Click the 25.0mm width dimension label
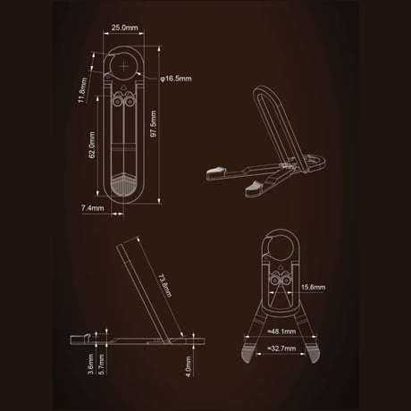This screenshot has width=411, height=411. click(x=124, y=28)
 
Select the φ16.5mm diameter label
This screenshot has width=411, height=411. click(x=176, y=79)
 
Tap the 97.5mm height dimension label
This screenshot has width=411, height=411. click(x=154, y=123)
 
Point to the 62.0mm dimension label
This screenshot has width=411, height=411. click(x=92, y=145)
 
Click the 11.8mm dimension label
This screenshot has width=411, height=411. click(x=82, y=90)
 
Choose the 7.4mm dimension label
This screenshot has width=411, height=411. click(x=93, y=208)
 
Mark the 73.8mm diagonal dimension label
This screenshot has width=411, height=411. click(x=164, y=286)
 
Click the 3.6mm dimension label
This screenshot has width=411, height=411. click(x=91, y=364)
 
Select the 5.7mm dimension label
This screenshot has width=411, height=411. click(x=102, y=364)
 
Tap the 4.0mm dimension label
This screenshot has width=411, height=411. click(x=189, y=366)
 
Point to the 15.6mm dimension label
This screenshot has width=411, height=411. click(x=313, y=287)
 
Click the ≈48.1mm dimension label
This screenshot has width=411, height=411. click(x=281, y=331)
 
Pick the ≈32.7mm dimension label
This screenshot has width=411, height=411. click(x=281, y=348)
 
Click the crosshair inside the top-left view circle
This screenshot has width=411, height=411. click(x=123, y=66)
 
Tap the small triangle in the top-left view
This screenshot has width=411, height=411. click(x=123, y=88)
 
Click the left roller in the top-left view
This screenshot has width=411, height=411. click(x=118, y=102)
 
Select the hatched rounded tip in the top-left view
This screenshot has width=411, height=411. click(x=123, y=185)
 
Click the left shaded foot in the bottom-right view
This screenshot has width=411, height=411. click(x=247, y=354)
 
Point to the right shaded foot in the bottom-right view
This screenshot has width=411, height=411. click(x=314, y=354)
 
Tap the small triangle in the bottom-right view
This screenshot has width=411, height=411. click(x=280, y=267)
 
